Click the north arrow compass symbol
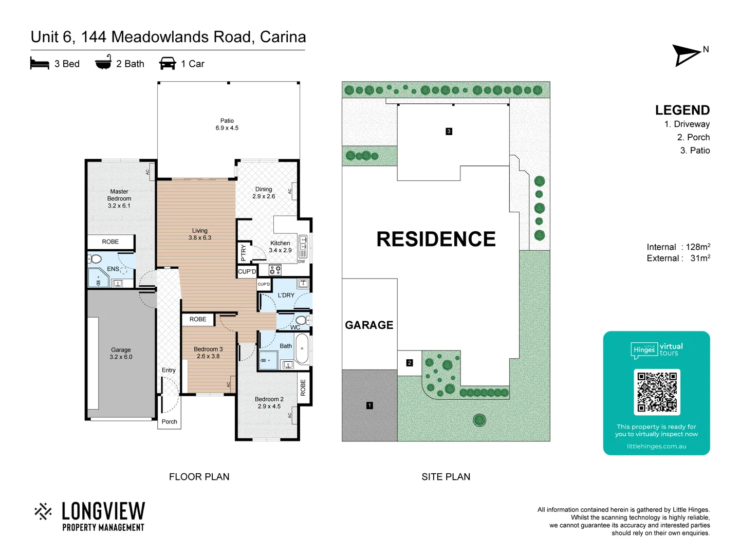pyautogui.click(x=687, y=55)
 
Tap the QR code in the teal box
pyautogui.click(x=657, y=392)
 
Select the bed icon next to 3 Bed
pyautogui.click(x=40, y=64)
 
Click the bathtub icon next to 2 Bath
pyautogui.click(x=103, y=63)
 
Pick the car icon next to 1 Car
pyautogui.click(x=168, y=64)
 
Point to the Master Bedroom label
pyautogui.click(x=119, y=198)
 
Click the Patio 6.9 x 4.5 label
pyautogui.click(x=227, y=124)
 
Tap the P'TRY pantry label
pyautogui.click(x=244, y=252)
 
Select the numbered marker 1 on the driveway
pyautogui.click(x=369, y=405)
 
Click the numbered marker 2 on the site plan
pyautogui.click(x=410, y=363)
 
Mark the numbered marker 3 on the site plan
pyautogui.click(x=449, y=132)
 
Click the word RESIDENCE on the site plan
pyautogui.click(x=436, y=239)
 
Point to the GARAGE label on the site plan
pyautogui.click(x=369, y=325)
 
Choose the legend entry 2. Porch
pyautogui.click(x=693, y=137)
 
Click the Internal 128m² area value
pyautogui.click(x=697, y=247)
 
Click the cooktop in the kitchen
pyautogui.click(x=275, y=270)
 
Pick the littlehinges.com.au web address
pyautogui.click(x=656, y=446)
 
